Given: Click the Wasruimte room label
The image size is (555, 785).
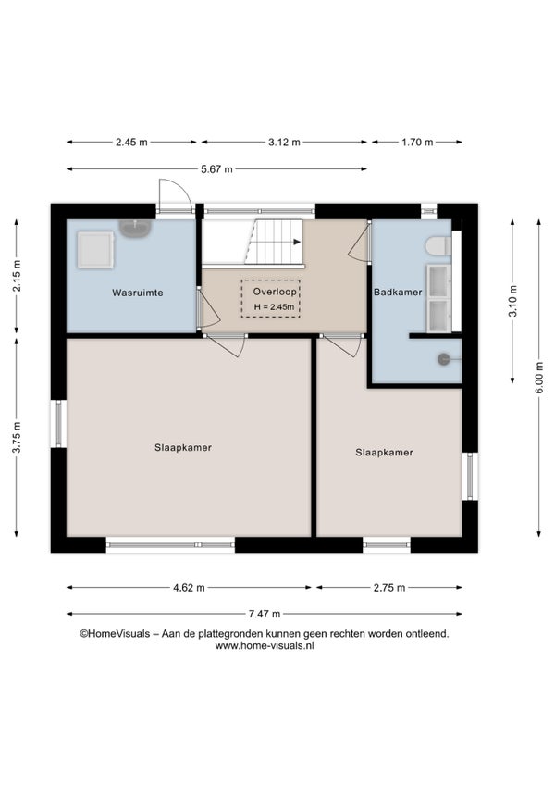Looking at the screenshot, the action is (x=138, y=293).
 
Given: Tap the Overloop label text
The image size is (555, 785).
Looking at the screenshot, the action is (x=275, y=292).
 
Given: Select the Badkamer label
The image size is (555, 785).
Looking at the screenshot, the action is (x=398, y=292).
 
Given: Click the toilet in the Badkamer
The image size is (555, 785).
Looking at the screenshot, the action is (x=438, y=246).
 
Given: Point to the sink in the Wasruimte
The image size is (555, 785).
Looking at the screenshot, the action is (x=135, y=229).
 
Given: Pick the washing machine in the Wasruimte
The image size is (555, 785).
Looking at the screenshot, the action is (x=95, y=249).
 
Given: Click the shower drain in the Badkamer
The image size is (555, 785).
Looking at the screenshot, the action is (x=443, y=359).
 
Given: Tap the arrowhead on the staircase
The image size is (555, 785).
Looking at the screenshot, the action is (x=297, y=242).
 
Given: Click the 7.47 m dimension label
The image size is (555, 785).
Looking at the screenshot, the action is (x=265, y=614).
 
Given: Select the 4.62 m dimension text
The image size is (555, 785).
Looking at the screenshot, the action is (x=189, y=588).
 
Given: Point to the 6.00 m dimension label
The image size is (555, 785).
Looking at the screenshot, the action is (x=539, y=377).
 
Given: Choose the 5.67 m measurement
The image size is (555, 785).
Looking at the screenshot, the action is (x=216, y=169).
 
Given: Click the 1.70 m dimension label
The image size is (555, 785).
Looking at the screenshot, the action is (x=417, y=143).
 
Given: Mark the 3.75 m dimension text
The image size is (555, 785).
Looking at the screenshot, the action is (x=17, y=438).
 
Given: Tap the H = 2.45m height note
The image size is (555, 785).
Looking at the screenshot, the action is (x=274, y=307).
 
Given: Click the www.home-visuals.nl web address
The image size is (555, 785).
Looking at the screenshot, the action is (x=265, y=646).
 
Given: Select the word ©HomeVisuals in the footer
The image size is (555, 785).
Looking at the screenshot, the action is (x=115, y=634).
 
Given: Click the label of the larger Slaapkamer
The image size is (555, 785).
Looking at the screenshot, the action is (x=183, y=447).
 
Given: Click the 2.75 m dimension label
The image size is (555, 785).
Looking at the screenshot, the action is (x=389, y=588).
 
